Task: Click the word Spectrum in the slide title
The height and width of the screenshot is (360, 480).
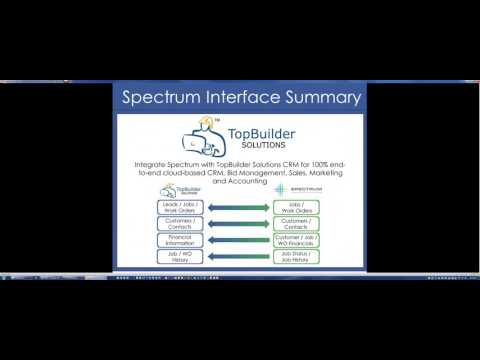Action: tap(159, 98)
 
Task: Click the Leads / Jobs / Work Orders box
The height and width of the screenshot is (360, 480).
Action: tap(176, 208)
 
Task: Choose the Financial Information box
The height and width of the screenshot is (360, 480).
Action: tap(176, 240)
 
